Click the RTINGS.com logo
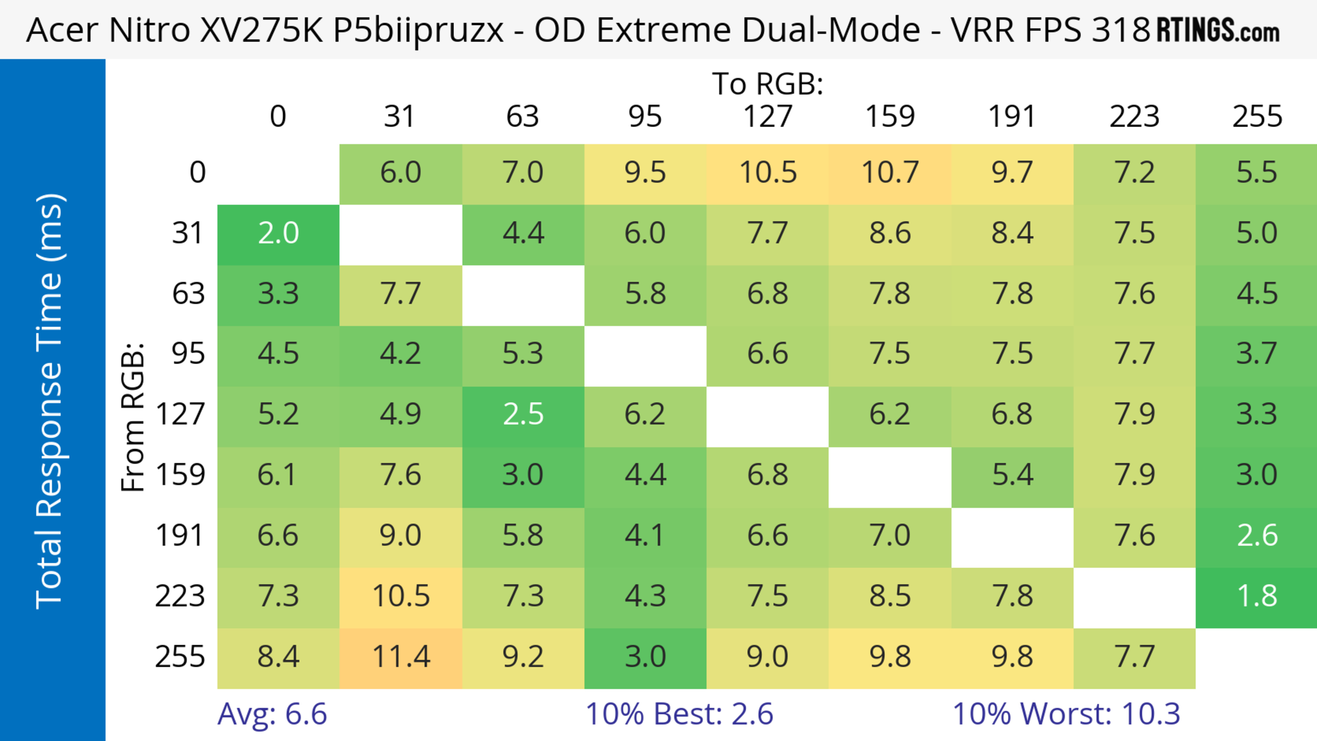pos(1218,29)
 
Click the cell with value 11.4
pos(401,658)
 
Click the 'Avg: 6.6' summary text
pos(272,714)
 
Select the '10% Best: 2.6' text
pos(679,714)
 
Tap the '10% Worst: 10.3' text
pos(1066,714)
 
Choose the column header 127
pos(768,117)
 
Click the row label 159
pos(180,475)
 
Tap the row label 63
pos(188,294)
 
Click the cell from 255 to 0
pos(278,658)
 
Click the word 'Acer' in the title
pos(62,29)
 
